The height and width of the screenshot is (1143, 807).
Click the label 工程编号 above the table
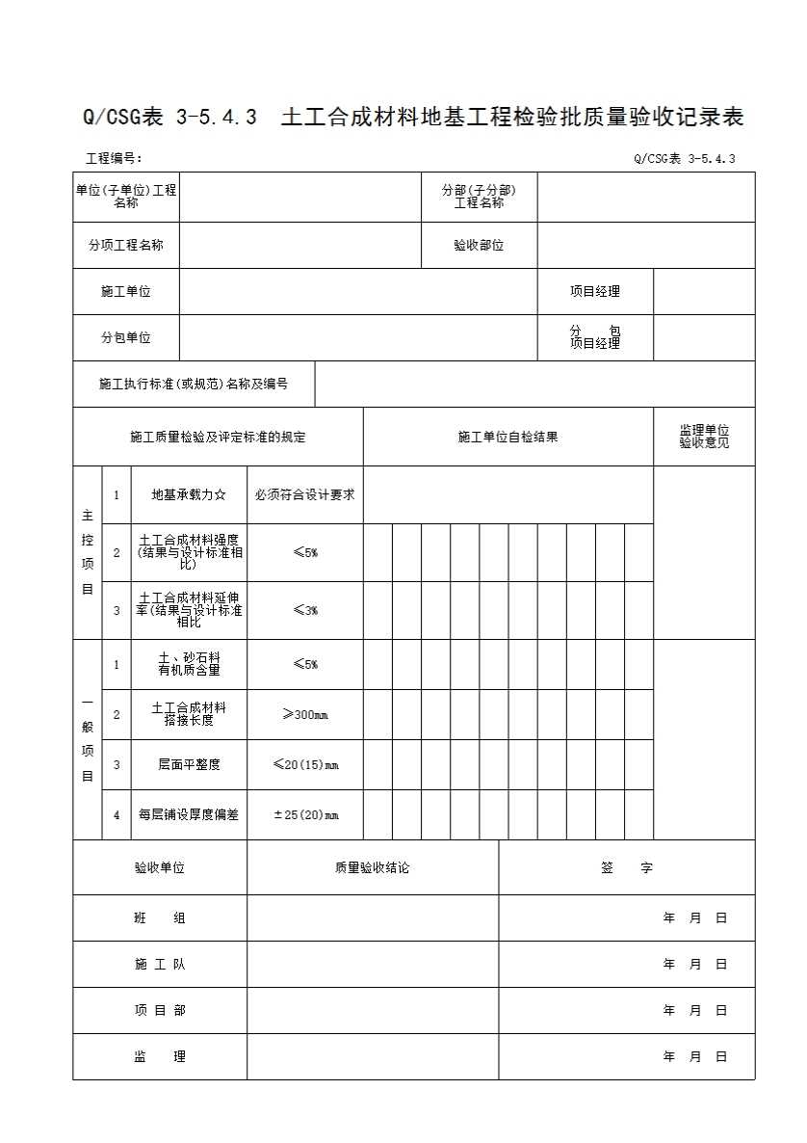click(114, 159)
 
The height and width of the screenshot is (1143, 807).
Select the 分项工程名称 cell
click(126, 246)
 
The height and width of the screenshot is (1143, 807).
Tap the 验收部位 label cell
click(479, 246)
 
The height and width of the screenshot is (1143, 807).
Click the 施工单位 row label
click(126, 291)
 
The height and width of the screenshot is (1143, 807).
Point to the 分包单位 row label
click(126, 337)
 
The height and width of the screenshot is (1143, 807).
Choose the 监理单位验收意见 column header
click(704, 437)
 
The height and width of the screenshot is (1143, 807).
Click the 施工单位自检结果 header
click(508, 437)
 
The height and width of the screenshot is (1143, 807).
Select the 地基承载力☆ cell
click(189, 494)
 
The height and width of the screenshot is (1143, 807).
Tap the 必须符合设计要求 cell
click(304, 494)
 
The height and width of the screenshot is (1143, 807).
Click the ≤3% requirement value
click(304, 610)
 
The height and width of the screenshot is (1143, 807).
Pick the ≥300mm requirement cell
click(304, 714)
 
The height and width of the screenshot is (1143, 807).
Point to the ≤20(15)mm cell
click(304, 764)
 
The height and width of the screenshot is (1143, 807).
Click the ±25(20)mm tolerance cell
click(304, 814)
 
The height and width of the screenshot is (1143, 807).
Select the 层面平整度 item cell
click(189, 764)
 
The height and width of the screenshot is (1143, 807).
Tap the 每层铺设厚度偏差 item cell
click(189, 814)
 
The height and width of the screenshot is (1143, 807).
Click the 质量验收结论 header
click(372, 867)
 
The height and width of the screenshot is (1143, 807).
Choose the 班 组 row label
click(160, 917)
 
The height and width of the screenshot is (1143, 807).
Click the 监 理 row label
click(160, 1056)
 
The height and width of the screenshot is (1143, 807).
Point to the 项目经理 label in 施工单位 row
click(594, 291)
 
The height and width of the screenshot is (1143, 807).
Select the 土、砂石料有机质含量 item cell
click(189, 664)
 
